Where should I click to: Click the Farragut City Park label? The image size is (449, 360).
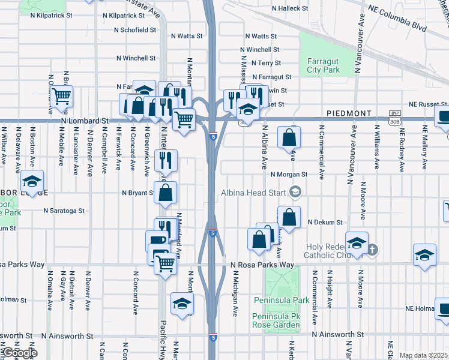pyautogui.click(x=324, y=65)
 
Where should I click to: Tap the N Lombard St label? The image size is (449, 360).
pyautogui.click(x=85, y=121)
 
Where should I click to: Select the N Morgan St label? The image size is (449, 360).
pyautogui.click(x=289, y=175)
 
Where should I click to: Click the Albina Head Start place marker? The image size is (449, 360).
pyautogui.click(x=295, y=191)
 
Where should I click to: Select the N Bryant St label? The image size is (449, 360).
pyautogui.click(x=139, y=193)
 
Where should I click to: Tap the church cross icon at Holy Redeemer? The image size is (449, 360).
pyautogui.click(x=372, y=248)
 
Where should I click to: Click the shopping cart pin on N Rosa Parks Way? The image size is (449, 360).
pyautogui.click(x=165, y=262)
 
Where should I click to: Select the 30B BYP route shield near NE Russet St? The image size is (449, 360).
pyautogui.click(x=394, y=116)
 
